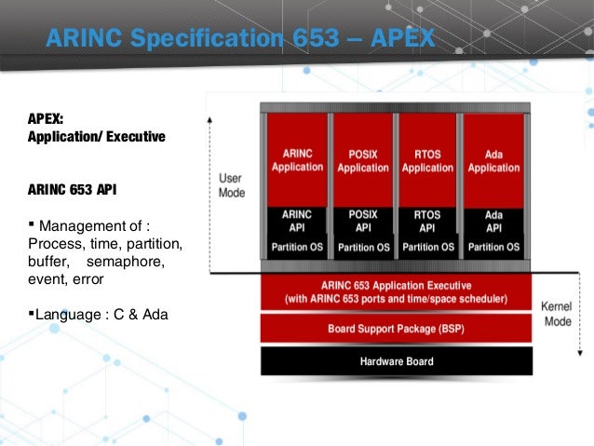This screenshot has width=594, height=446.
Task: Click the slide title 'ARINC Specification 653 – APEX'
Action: coord(240,39)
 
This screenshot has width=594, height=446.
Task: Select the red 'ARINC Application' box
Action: coord(297,159)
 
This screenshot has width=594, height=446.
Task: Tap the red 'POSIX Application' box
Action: coord(362,159)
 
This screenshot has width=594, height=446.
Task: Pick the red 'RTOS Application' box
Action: coord(427,159)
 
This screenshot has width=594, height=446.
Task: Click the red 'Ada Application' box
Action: coord(493,159)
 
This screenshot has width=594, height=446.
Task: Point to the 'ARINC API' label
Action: coord(297,221)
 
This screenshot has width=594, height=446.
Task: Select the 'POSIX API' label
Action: coord(362,221)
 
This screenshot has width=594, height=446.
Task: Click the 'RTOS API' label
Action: coord(427,221)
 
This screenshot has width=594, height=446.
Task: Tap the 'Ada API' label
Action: coord(493,221)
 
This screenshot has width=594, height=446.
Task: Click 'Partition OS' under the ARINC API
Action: coord(297,248)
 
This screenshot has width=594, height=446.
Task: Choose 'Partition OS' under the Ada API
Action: coord(493,248)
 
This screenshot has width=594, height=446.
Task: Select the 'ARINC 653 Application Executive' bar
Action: coord(396,292)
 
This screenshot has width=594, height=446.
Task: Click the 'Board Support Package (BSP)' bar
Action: coord(396,329)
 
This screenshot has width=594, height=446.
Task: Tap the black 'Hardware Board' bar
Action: coord(396,361)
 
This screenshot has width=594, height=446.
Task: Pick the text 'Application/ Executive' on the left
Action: coord(97,137)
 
